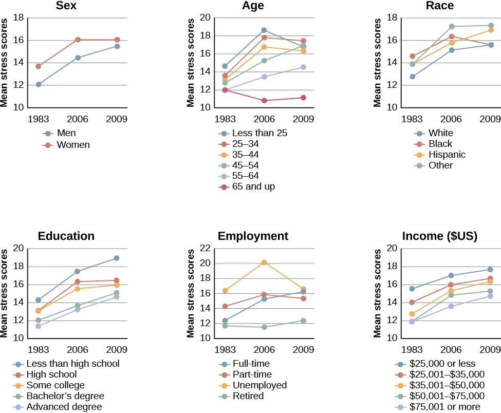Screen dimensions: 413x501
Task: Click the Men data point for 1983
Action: pyautogui.click(x=39, y=84)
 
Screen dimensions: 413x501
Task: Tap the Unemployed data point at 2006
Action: pyautogui.click(x=264, y=262)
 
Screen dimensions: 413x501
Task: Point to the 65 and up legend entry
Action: pyautogui.click(x=254, y=186)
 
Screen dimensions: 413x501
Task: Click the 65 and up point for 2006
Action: pyautogui.click(x=264, y=101)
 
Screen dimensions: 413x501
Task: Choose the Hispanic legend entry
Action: pyautogui.click(x=447, y=155)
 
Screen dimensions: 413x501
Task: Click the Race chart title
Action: pyautogui.click(x=440, y=6)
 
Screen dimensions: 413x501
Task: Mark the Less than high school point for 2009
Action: pyautogui.click(x=117, y=258)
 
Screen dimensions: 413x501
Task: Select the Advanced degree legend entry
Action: pyautogui.click(x=65, y=407)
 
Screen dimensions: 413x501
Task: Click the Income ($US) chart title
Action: pyautogui.click(x=440, y=236)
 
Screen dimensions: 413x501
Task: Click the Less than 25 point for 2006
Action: pyautogui.click(x=264, y=30)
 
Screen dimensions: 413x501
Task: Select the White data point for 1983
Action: pyautogui.click(x=412, y=77)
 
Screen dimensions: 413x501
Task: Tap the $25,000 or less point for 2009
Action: pyautogui.click(x=490, y=270)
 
